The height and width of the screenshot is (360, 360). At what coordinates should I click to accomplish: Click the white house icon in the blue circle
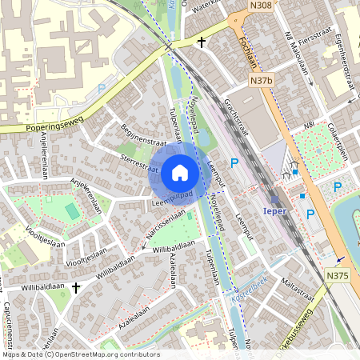pyautogui.click(x=180, y=172)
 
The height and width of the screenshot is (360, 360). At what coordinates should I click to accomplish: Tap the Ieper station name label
pyautogui.click(x=274, y=213)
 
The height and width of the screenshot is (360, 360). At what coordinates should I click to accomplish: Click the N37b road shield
pyautogui.click(x=261, y=80)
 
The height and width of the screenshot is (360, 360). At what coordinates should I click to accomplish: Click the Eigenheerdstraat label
pyautogui.click(x=346, y=60)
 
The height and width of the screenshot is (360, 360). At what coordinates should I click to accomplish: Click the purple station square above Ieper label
pyautogui.click(x=275, y=201)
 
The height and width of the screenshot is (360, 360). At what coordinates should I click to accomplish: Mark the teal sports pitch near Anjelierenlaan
pyautogui.click(x=71, y=211)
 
